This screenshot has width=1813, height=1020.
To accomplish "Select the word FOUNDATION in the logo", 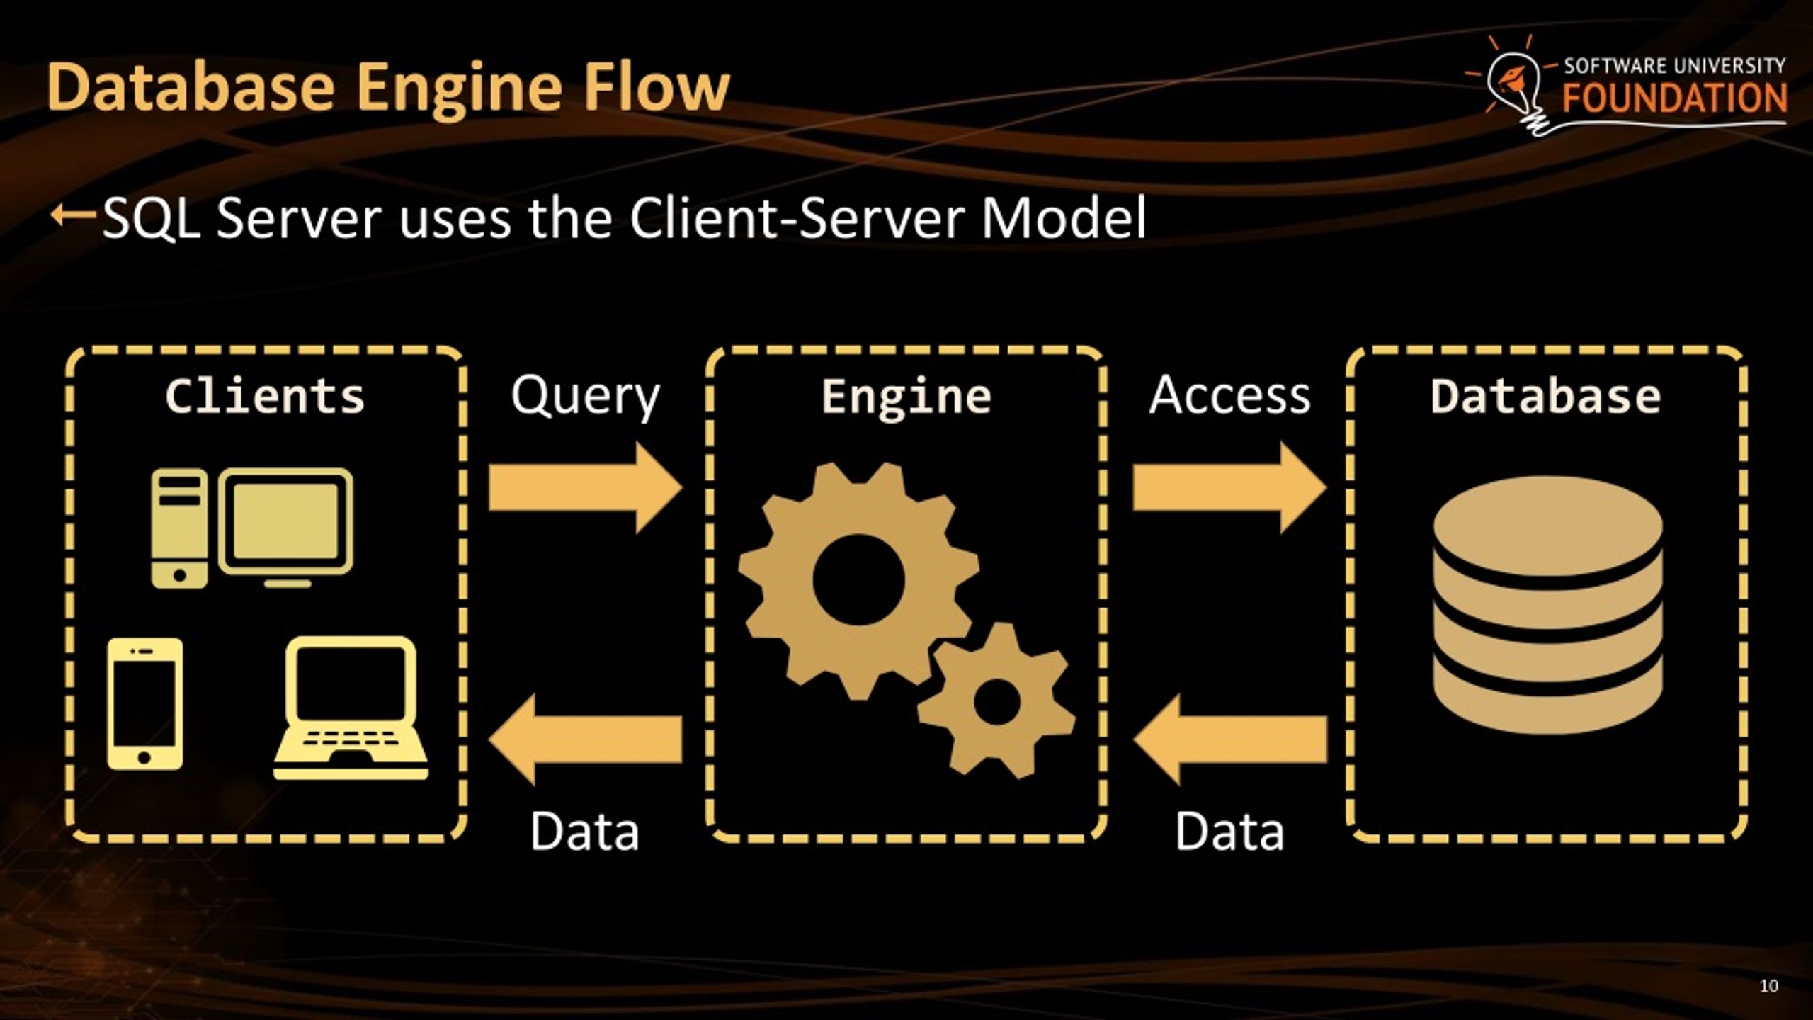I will [x=1674, y=98].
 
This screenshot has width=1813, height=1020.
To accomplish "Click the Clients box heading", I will [x=265, y=396].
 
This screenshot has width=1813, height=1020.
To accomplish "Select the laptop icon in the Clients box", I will [x=351, y=708].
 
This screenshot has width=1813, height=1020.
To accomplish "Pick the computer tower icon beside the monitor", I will [x=179, y=528].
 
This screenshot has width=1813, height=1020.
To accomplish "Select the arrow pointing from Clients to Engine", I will [x=585, y=487].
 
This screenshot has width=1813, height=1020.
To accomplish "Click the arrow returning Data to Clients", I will [x=585, y=739].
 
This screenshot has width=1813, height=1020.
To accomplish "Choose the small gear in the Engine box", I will [x=996, y=701].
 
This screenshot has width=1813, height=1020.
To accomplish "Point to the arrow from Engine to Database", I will [x=1229, y=487].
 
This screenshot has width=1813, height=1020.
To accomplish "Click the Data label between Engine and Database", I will [x=1229, y=832].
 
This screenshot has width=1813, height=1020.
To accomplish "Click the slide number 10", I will [x=1768, y=986].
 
